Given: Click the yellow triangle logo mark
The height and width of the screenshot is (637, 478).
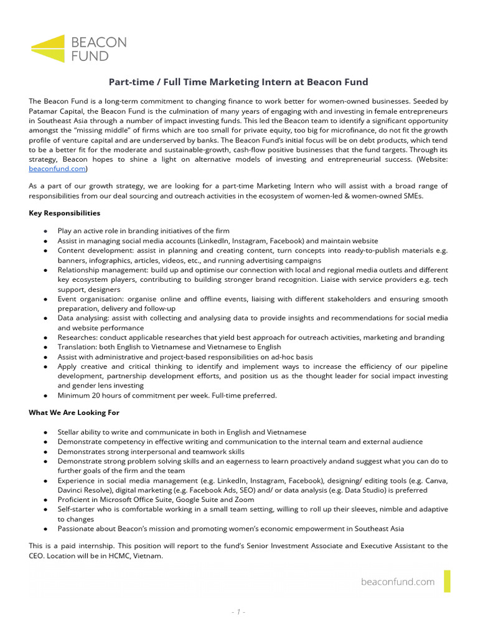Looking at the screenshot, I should tap(50, 48).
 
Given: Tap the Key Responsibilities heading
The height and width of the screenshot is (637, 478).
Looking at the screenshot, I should tap(64, 213).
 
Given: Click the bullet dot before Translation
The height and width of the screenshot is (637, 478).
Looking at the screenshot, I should tap(46, 347).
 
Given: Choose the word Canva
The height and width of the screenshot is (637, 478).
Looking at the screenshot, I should tap(435, 480).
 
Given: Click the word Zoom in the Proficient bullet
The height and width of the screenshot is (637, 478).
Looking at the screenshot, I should tap(244, 500).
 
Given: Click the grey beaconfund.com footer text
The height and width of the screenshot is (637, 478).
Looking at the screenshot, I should tap(397, 582).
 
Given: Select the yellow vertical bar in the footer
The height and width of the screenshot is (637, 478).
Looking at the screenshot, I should tap(447, 581).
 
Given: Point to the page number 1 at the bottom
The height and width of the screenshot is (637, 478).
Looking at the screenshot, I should tap(239, 612).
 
